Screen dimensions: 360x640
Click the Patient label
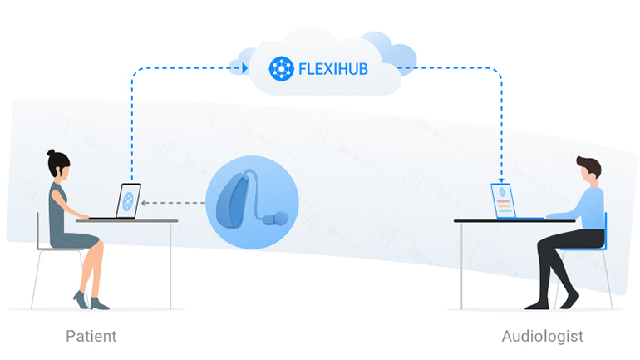pyautogui.click(x=91, y=337)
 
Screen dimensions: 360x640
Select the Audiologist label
pyautogui.click(x=543, y=337)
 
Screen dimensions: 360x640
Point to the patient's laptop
pyautogui.click(x=125, y=202)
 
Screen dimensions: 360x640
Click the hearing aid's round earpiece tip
pyautogui.click(x=283, y=219)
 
